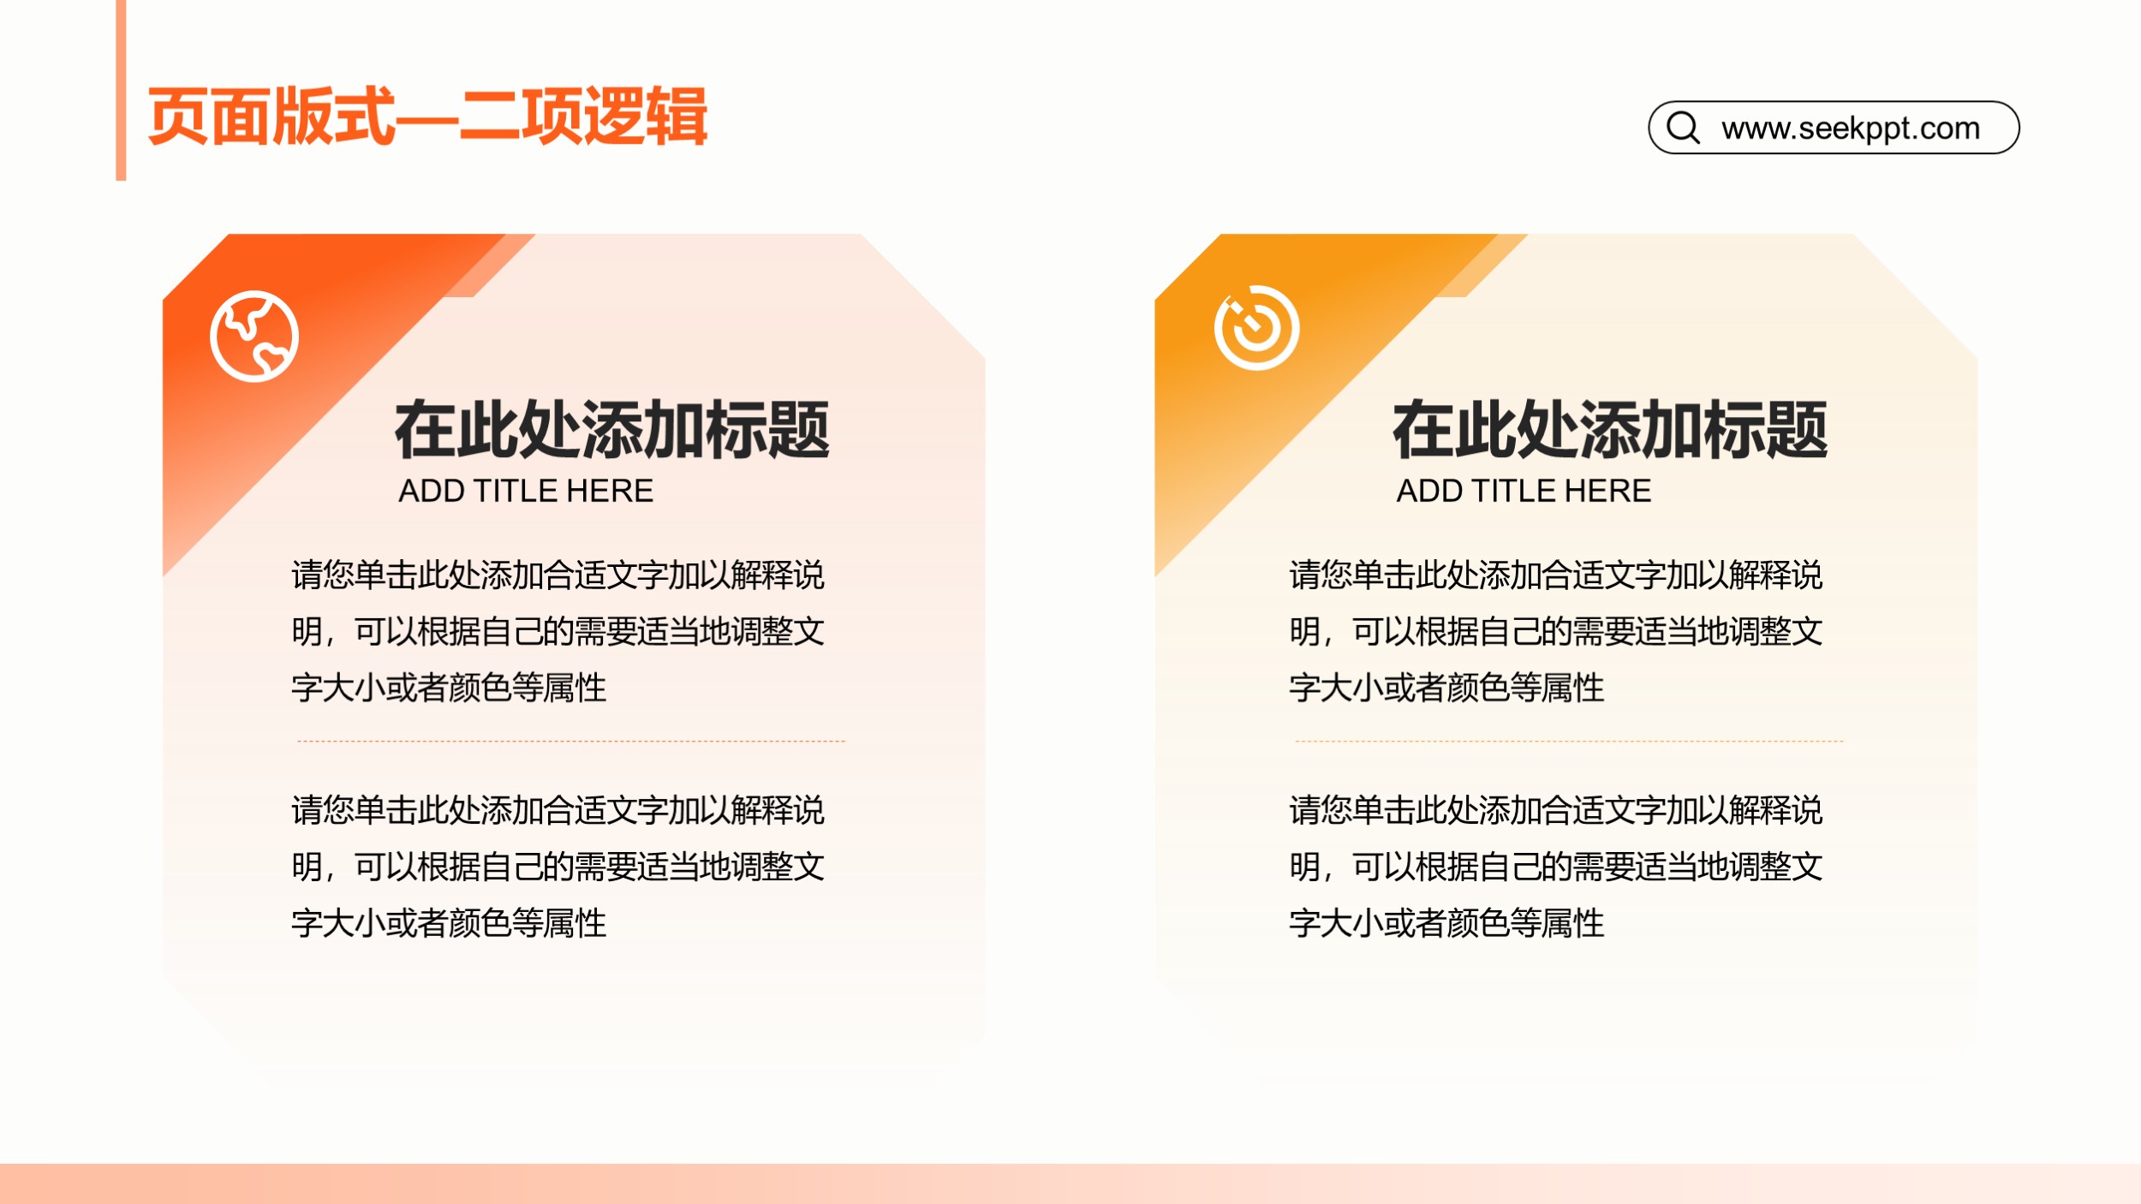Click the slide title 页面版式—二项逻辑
[x=427, y=116]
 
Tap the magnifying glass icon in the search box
[x=1683, y=128]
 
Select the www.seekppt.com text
[x=1851, y=128]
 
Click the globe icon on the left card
[x=254, y=336]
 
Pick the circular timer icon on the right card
[x=1256, y=328]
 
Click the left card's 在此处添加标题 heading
[x=611, y=430]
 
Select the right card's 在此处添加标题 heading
[x=1610, y=430]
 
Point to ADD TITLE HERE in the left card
[x=526, y=491]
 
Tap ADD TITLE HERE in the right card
[x=1524, y=491]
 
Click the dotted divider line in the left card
[x=570, y=741]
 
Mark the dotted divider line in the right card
[x=1569, y=741]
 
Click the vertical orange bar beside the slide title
[x=121, y=90]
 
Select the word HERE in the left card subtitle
[x=610, y=491]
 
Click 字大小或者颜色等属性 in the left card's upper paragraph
[x=449, y=688]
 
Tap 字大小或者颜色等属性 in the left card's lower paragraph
[x=449, y=923]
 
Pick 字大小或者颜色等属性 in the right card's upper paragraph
[x=1446, y=688]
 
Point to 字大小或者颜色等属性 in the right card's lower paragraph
[x=1446, y=923]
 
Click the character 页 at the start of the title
[x=178, y=116]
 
